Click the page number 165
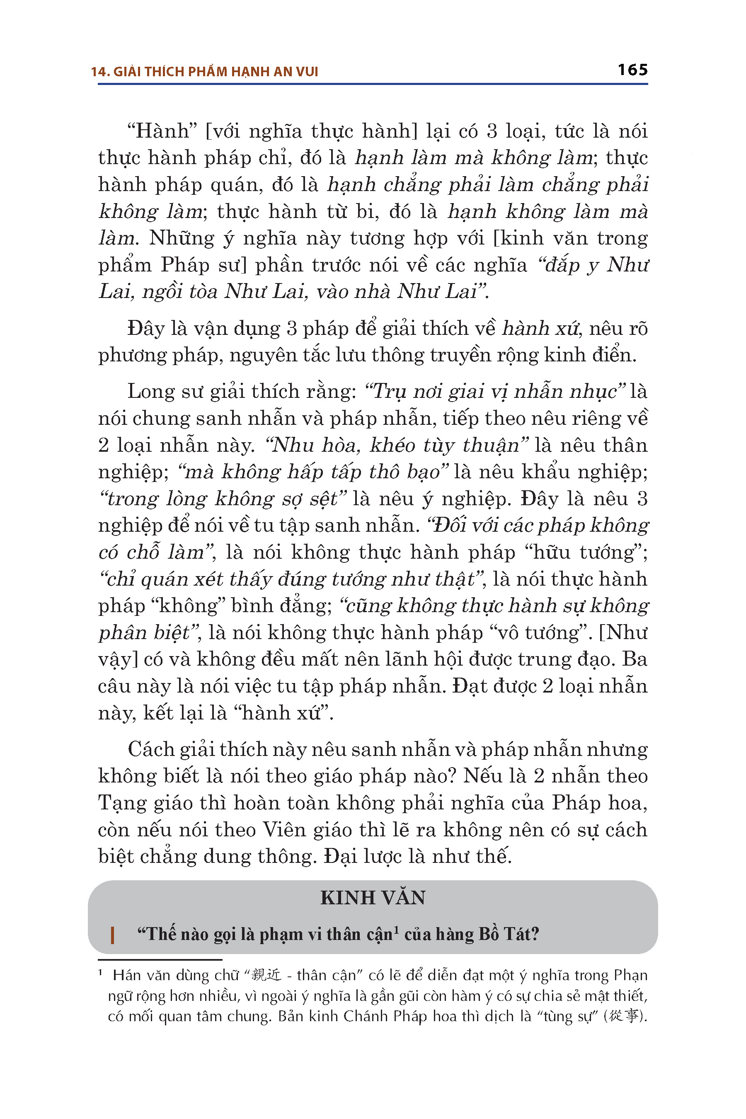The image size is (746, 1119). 632,70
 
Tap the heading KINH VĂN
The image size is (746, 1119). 373,898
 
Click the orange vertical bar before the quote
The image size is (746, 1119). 112,935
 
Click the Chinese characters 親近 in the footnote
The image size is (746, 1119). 266,975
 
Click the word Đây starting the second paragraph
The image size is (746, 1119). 145,329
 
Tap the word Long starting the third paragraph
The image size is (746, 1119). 149,392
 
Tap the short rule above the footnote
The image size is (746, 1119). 160,959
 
